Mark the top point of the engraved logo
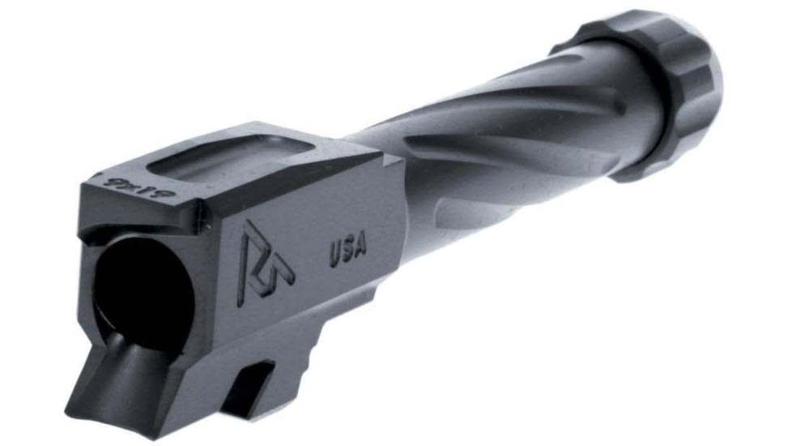tap(249, 221)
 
